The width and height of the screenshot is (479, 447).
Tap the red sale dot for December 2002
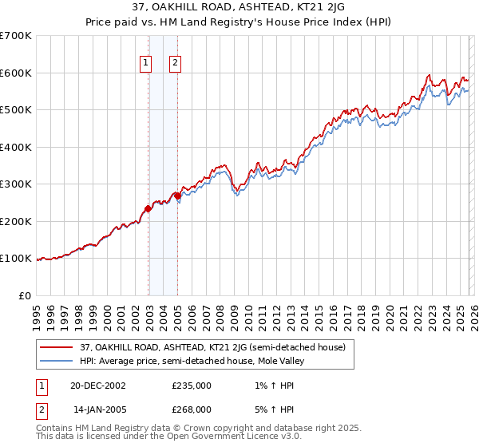[x=148, y=209]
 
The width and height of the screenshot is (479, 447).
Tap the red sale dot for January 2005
[x=177, y=196]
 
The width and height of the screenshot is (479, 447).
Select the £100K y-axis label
[x=16, y=259]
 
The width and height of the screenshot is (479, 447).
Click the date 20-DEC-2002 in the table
[x=97, y=385]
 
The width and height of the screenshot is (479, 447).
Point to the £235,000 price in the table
[x=192, y=385]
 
